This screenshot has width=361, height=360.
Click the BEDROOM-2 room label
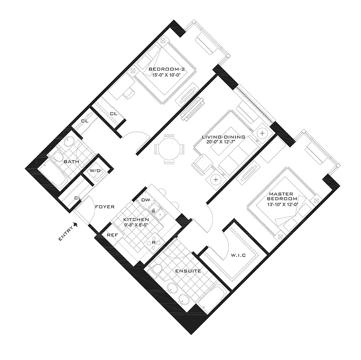point(167,68)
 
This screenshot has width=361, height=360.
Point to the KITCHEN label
point(136,220)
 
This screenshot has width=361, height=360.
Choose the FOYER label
point(105,207)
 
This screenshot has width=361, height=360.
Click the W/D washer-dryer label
point(95,171)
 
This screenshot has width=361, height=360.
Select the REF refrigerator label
point(112,234)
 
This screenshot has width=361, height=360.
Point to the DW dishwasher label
point(145,200)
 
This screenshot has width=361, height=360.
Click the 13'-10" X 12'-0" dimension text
point(283,205)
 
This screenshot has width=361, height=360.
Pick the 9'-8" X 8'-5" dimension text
point(136,225)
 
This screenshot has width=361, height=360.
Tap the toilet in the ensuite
point(156,269)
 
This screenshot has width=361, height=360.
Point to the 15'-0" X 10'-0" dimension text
point(167,75)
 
